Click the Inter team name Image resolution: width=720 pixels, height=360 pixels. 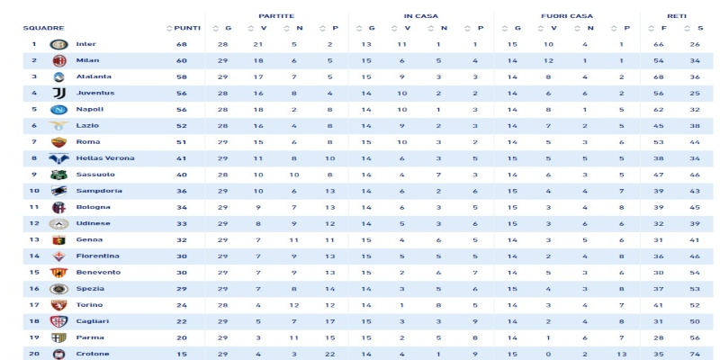point(86,44)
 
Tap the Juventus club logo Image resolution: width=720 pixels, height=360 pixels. point(58,94)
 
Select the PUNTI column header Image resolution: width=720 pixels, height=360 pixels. point(187,29)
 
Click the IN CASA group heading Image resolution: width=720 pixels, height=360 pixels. point(420,16)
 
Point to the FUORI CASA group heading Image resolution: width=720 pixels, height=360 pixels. point(567,16)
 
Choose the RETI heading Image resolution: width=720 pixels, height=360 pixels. point(677,16)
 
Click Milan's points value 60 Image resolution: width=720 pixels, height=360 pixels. point(182,61)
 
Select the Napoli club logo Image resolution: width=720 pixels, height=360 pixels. point(58,110)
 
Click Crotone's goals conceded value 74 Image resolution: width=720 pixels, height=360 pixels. point(695,354)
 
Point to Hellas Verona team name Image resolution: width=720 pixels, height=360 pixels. point(105,158)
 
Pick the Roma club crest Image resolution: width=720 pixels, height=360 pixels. point(58,142)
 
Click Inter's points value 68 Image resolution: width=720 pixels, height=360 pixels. point(182,44)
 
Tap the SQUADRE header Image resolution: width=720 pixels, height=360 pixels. point(43,29)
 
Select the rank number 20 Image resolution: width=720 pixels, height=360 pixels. point(34,354)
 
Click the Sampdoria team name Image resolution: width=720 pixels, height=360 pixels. point(99,191)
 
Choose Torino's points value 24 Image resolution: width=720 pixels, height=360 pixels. point(182,305)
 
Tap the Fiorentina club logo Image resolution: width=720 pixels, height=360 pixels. point(58,256)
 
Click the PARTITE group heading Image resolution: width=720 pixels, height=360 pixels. point(276,16)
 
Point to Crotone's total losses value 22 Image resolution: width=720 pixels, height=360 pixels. point(329,354)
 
